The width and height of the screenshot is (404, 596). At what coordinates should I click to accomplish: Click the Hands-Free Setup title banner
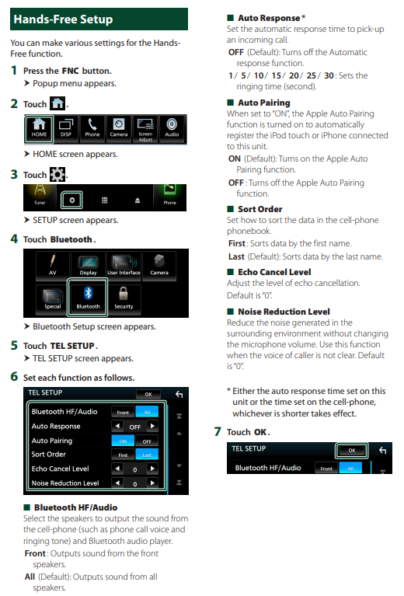click(x=99, y=19)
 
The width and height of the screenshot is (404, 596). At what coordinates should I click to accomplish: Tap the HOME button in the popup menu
click(x=39, y=129)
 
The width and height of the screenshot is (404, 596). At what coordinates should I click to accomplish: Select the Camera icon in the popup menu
click(x=119, y=128)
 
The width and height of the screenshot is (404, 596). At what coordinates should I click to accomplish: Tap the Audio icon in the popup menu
click(x=172, y=128)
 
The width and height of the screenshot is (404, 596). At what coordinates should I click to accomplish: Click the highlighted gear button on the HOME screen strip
click(x=71, y=200)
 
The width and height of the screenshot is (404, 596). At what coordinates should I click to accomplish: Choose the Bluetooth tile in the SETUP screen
click(x=88, y=298)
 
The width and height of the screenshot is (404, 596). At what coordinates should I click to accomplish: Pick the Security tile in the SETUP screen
click(x=124, y=298)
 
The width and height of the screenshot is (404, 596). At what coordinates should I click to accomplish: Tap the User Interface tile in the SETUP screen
click(x=124, y=265)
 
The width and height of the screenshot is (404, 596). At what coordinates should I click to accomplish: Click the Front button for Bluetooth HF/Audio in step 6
click(x=123, y=412)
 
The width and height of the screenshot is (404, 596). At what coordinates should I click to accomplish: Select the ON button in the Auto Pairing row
click(x=123, y=441)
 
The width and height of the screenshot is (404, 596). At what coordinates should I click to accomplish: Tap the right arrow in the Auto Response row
click(x=152, y=426)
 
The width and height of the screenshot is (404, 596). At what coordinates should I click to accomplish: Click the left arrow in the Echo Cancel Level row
click(x=117, y=469)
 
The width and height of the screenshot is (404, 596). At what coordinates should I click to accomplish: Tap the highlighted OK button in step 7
click(x=351, y=451)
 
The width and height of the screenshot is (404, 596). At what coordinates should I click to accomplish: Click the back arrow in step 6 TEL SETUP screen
click(x=179, y=395)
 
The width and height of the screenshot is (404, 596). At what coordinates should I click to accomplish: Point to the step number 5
click(x=14, y=346)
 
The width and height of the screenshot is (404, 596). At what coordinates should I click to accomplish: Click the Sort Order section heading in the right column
click(x=260, y=209)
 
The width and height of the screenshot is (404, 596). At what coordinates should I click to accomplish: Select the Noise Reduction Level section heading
click(x=284, y=312)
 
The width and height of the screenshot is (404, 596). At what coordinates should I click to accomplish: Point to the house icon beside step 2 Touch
click(x=57, y=103)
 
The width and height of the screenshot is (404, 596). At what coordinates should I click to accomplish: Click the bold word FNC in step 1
click(x=70, y=71)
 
